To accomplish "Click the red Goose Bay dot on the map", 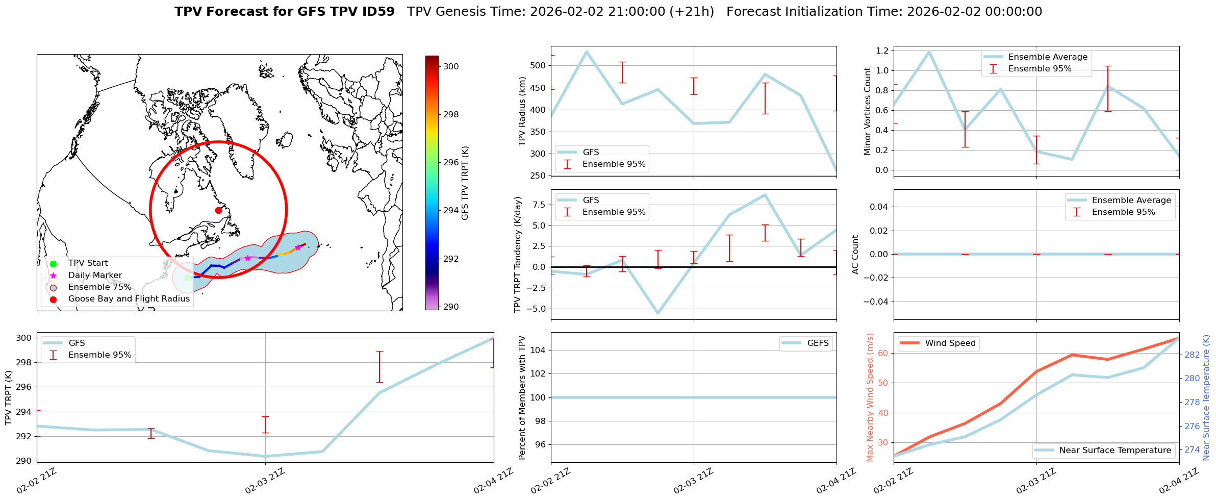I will tap(218, 210).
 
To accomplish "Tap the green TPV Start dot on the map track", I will tap(187, 278).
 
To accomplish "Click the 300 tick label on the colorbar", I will tap(451, 66).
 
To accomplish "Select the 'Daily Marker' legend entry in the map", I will tap(95, 275).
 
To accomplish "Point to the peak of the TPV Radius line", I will tap(587, 52).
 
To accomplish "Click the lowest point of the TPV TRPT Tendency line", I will tap(658, 313).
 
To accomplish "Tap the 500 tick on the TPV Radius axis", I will tap(539, 65).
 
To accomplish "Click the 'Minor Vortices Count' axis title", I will tap(868, 111).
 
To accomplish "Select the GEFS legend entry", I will tap(818, 343).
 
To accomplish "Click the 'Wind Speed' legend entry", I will tap(950, 343).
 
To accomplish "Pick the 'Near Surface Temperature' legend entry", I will tap(1114, 450).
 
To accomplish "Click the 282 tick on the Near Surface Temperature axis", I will tap(1192, 355).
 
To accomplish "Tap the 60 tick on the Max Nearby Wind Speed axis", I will tap(882, 353).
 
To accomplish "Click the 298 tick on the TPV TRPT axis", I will tap(24, 363).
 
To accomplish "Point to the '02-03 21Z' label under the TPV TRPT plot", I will tap(264, 482).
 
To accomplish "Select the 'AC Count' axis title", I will tap(855, 254).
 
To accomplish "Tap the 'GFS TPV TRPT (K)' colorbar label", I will tap(465, 183).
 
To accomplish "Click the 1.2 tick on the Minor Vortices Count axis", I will tap(882, 51).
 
